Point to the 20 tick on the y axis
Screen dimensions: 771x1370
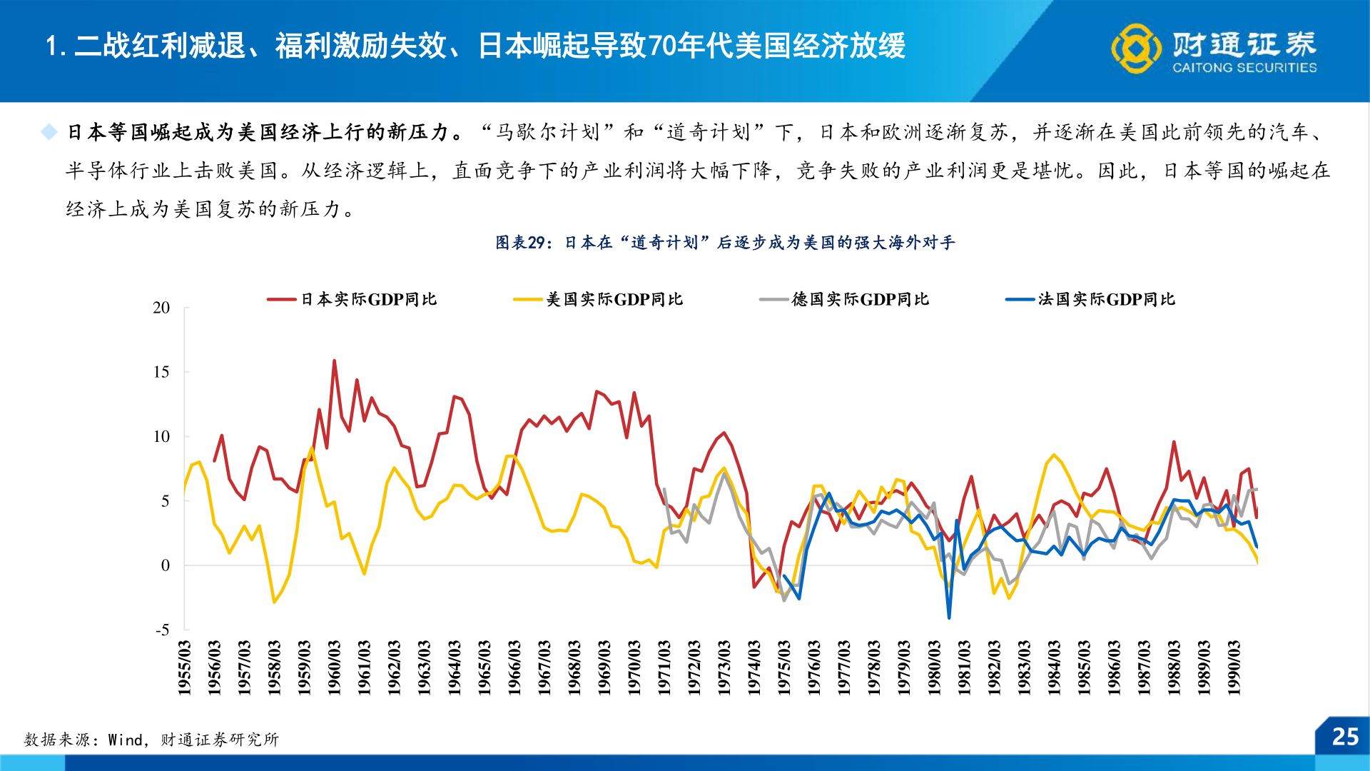tap(161, 308)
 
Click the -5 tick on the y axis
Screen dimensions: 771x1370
tap(163, 630)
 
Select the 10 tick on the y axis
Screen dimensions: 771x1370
tap(161, 436)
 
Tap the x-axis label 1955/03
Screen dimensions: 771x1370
tap(184, 667)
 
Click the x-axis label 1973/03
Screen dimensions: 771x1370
tap(724, 667)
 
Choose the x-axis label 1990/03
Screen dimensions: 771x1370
tap(1234, 667)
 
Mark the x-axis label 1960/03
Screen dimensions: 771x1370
tap(334, 667)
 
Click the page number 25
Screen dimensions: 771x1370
tap(1345, 737)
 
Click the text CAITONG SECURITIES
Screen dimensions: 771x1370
tap(1244, 68)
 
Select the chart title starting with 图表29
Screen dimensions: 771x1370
tap(725, 243)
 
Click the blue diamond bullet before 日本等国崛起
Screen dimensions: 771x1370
tap(49, 132)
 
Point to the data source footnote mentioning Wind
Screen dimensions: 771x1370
tap(151, 740)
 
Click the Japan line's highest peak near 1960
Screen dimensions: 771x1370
tap(334, 361)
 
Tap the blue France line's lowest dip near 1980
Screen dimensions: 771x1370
tap(949, 618)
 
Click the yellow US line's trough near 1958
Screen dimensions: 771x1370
tap(274, 602)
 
